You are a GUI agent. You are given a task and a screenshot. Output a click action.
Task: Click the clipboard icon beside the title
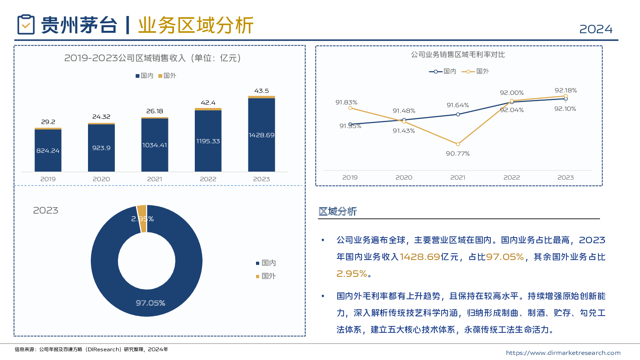[x=26, y=24]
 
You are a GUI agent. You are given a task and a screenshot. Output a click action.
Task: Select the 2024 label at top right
[x=596, y=29]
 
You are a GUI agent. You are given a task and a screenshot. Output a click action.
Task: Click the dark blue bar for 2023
[x=261, y=134]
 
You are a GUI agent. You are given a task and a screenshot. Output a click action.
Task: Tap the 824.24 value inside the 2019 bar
[x=48, y=151]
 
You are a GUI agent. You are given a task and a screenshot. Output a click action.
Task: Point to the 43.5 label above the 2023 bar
[x=261, y=91]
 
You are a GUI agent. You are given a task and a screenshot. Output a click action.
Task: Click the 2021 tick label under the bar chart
[x=154, y=179]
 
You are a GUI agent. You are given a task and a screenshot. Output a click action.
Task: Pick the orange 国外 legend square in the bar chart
[x=160, y=76]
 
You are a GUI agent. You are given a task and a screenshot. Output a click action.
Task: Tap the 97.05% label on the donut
[x=150, y=303]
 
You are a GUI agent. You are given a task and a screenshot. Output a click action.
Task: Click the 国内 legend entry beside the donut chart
[x=266, y=263]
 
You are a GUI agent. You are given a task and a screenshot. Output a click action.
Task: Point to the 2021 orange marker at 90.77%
[x=458, y=144]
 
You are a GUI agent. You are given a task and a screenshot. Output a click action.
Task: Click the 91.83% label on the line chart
[x=346, y=102]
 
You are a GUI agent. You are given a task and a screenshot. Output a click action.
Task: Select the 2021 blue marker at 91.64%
[x=458, y=114]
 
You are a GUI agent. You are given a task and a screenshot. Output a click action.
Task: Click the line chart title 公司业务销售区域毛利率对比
[x=458, y=54]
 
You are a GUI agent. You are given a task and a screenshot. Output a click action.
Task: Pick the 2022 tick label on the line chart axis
[x=512, y=177]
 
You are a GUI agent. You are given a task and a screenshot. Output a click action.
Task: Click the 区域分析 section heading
[x=337, y=211]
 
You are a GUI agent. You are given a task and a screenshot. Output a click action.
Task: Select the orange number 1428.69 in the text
[x=420, y=257]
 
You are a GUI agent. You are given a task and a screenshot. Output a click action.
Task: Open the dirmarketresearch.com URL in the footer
[x=563, y=353]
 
